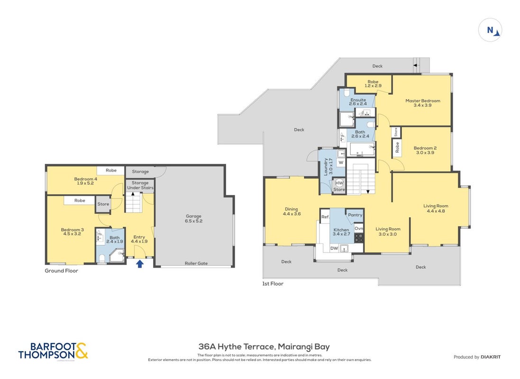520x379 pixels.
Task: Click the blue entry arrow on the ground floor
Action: point(140,263)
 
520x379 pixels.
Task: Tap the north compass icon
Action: point(490,30)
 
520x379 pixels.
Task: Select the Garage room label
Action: point(194,218)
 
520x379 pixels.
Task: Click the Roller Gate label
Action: point(196,263)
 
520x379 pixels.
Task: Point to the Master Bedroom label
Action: point(423,103)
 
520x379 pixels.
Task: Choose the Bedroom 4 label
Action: point(86,181)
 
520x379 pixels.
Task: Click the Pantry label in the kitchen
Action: point(355,215)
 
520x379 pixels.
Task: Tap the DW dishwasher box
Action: point(334,248)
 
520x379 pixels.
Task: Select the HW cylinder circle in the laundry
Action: point(339,183)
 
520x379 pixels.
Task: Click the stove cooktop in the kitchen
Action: point(359,238)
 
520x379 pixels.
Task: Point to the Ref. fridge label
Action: point(325,217)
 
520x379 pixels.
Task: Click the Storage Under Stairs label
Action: point(140,185)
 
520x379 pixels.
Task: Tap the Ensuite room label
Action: point(358,102)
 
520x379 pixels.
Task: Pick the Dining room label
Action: point(292,211)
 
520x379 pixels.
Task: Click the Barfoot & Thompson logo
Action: point(54,351)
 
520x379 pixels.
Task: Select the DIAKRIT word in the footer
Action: point(491,357)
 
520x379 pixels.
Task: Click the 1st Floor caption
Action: point(273,283)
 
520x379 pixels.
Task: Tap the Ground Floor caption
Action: point(61,271)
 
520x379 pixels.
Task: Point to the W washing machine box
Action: point(341,162)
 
